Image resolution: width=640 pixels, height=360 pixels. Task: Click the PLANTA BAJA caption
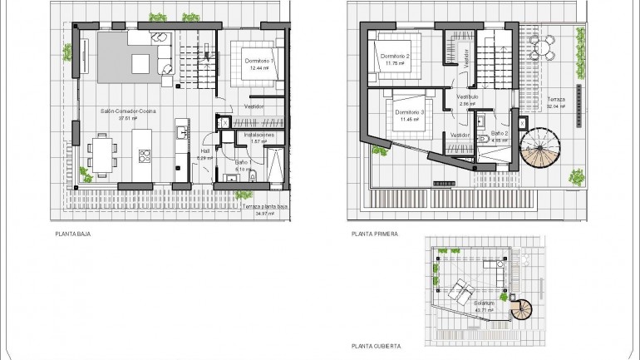point(73,234)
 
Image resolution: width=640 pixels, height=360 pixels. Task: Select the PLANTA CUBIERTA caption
point(377,344)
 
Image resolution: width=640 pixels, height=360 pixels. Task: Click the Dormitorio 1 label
point(260,62)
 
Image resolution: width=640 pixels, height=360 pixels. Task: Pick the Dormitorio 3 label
point(410,112)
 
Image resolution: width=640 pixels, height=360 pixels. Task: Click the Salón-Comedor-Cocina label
point(129,111)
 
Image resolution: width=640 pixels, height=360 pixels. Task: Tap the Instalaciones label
point(258,134)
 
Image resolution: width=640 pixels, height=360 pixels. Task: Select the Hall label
point(205,150)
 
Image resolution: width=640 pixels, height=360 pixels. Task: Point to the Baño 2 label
point(500,133)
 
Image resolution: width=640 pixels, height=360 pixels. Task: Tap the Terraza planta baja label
point(260,207)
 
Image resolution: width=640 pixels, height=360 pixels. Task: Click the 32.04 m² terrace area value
point(556,106)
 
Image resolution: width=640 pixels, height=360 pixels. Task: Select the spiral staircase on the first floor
point(541,148)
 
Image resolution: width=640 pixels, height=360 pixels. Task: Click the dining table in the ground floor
point(103,153)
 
